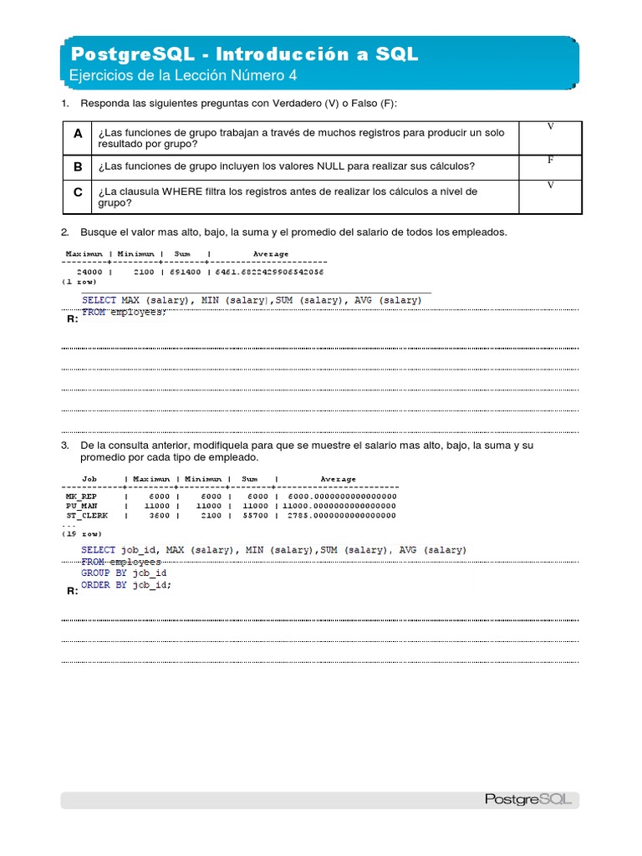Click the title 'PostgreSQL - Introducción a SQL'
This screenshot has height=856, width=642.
[245, 54]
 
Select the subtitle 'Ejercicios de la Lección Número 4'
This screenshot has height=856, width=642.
[183, 76]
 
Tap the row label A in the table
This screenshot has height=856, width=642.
[78, 134]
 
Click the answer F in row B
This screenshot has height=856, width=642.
[550, 159]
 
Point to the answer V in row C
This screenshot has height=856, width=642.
[550, 186]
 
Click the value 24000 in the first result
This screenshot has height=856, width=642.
[89, 273]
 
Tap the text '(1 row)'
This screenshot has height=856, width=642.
[79, 282]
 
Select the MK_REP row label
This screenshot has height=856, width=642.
[82, 497]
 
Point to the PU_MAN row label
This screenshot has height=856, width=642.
[82, 506]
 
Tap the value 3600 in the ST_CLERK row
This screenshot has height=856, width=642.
[157, 516]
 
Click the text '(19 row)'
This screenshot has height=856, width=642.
[83, 533]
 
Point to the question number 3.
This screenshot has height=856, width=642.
[64, 446]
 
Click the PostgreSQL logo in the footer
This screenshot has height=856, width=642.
[527, 799]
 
